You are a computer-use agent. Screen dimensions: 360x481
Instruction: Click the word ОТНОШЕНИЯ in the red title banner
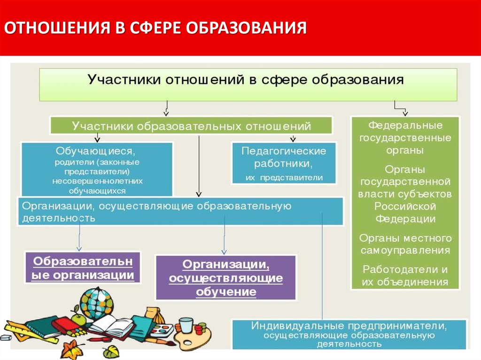[57, 28]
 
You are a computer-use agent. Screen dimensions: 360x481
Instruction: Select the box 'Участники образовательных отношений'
[191, 126]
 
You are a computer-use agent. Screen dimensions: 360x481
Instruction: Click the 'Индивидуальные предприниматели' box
[349, 334]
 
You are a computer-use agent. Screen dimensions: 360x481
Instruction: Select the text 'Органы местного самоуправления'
[405, 244]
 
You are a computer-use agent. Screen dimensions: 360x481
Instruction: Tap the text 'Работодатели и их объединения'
[405, 276]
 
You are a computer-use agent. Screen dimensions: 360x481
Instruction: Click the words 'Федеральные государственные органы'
[405, 138]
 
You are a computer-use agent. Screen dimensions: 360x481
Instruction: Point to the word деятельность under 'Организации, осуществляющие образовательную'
[58, 218]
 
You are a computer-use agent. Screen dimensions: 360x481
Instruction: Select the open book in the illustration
[110, 327]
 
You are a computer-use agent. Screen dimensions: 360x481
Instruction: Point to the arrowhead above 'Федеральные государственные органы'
[405, 113]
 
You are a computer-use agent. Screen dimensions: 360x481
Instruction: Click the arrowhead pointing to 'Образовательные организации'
[79, 249]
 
